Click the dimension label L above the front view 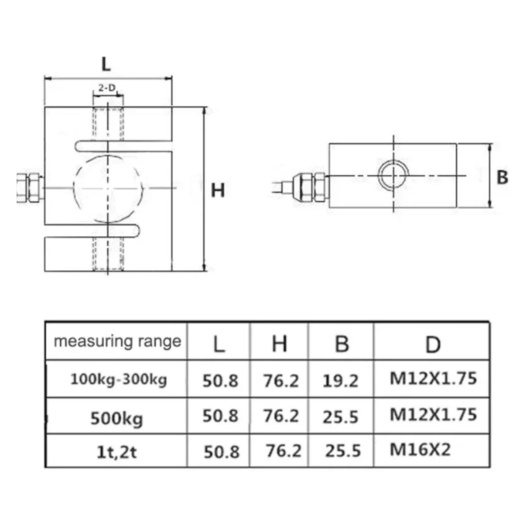pos(106,64)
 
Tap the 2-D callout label pos(107,88)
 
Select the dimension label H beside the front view pos(218,190)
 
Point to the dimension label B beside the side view pos(502,177)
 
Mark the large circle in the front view pos(108,188)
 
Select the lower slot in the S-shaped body pos(93,230)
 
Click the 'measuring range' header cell pos(117,341)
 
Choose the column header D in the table pos(432,344)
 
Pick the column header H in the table pos(279,344)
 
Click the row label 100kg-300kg pos(118,379)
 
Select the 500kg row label pos(117,419)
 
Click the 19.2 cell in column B pos(340,381)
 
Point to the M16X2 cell pos(420,450)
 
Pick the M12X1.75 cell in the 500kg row pos(433,415)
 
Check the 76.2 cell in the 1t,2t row pos(284,451)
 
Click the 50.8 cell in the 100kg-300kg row pos(220,381)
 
